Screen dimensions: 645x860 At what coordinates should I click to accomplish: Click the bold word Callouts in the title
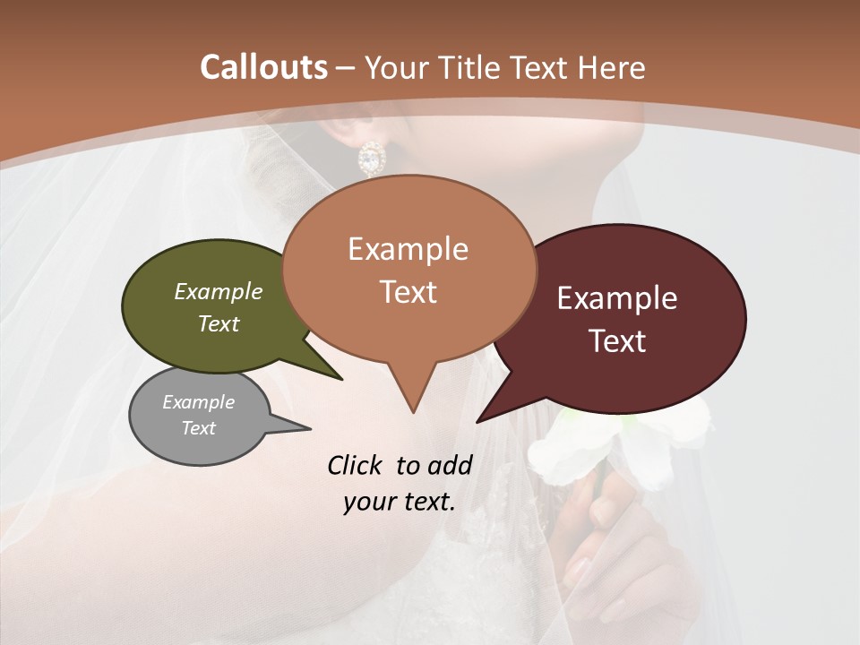(263, 67)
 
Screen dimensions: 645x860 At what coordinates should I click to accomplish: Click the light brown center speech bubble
(408, 269)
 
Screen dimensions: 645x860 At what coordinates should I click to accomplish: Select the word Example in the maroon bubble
(617, 298)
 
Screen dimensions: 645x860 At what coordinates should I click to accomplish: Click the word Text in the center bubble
(408, 292)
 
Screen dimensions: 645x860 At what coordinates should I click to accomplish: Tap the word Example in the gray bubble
(199, 402)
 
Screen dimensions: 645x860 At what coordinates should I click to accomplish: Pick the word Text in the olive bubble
(219, 323)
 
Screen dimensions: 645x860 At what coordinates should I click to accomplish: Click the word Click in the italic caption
(357, 465)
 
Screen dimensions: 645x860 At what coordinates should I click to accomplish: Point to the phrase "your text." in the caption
(400, 502)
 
